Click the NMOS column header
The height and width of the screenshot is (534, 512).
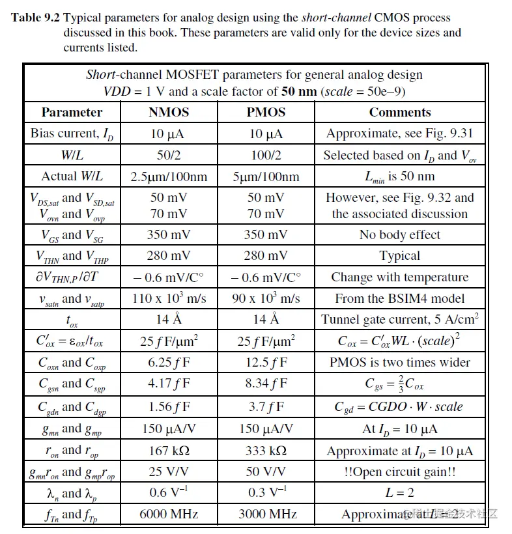(168, 112)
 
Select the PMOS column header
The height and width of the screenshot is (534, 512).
(266, 112)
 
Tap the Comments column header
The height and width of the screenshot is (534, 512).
(399, 112)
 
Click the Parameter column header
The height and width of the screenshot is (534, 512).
(72, 112)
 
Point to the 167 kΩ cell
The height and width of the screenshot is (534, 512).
(168, 451)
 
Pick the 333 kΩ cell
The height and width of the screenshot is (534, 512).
(266, 451)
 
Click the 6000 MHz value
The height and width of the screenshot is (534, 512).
(168, 514)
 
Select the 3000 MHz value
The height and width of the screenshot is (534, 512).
(266, 514)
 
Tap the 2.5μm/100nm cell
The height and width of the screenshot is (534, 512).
(168, 176)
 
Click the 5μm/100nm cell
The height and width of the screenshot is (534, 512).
(266, 176)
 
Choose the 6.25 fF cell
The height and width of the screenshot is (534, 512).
(168, 362)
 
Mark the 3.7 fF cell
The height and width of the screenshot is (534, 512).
(266, 406)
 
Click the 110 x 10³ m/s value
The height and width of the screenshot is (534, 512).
(168, 298)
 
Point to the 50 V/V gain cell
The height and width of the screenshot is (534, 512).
(266, 471)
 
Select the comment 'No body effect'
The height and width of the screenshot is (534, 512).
(399, 234)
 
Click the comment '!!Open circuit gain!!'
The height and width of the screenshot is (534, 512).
(399, 471)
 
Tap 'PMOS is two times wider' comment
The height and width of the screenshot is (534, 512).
(399, 362)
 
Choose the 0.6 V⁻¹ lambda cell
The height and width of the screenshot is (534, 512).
(168, 493)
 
